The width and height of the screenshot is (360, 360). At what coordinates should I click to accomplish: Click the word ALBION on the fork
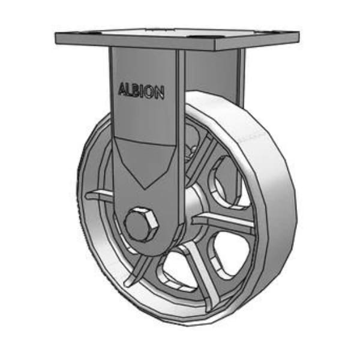coord(142,91)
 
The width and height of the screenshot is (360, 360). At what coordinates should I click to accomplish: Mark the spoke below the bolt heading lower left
coord(139,269)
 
